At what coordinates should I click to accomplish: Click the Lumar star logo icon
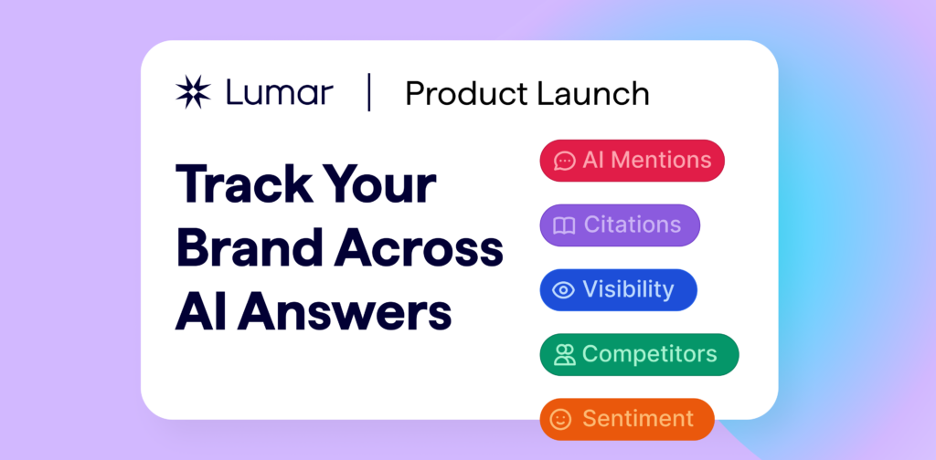193,93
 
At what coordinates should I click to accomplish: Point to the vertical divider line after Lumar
369,93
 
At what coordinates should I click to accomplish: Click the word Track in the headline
243,184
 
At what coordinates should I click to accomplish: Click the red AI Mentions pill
632,161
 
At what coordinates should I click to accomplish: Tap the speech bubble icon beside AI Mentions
565,162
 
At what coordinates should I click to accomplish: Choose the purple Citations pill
619,225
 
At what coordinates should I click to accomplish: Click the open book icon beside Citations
565,225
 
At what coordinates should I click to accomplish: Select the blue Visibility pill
618,290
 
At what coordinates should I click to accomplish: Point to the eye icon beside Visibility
564,290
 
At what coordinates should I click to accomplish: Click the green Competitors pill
638,354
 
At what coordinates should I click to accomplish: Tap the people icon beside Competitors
564,355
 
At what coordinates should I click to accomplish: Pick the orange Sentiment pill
626,419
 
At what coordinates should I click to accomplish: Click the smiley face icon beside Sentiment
561,419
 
